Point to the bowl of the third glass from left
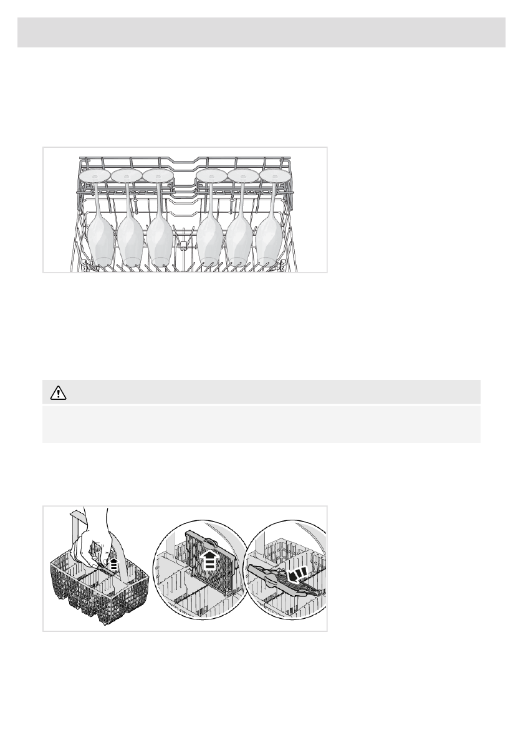click(x=160, y=240)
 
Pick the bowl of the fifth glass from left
click(x=239, y=240)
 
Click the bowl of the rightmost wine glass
click(x=269, y=240)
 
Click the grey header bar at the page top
click(x=261, y=32)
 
